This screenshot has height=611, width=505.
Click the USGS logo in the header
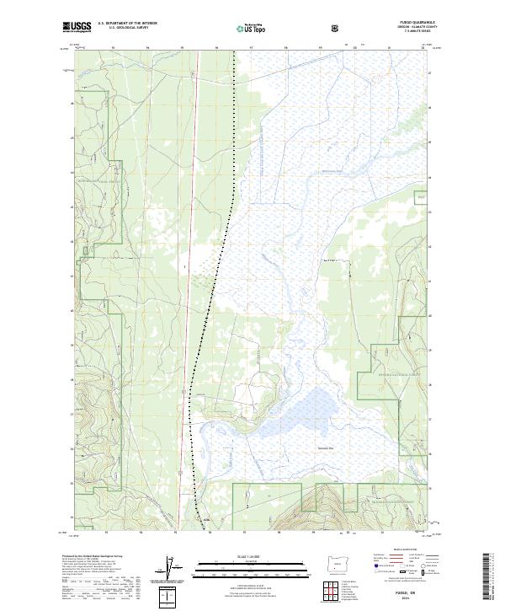[x=77, y=28]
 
